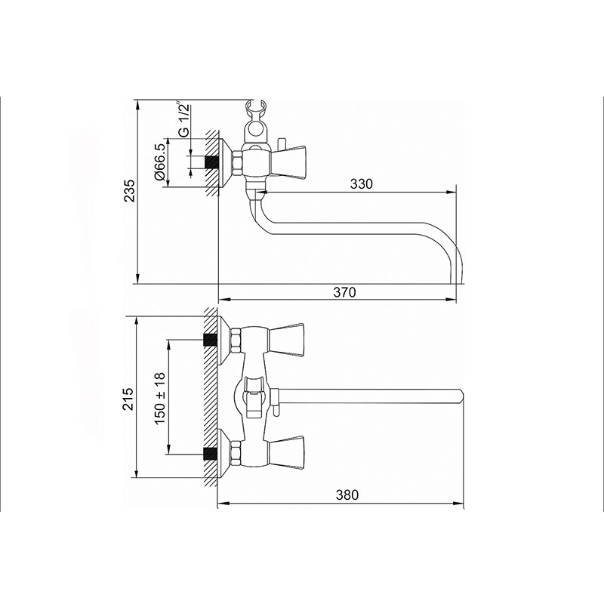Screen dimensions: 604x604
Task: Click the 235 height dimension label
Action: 130,190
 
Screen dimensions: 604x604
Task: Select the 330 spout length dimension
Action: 362,183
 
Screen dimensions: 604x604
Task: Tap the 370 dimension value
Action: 344,292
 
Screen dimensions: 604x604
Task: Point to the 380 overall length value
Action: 347,495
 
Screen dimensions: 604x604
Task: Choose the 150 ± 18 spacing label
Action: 160,399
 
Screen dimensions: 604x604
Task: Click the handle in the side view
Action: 288,162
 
